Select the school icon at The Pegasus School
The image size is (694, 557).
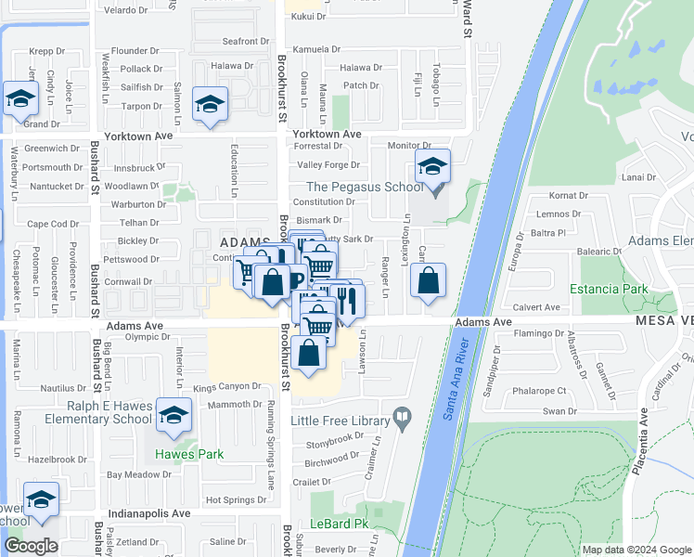tap(432, 168)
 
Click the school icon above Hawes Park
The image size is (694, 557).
tap(173, 417)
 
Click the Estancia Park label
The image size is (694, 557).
tap(610, 289)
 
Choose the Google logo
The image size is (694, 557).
tap(31, 546)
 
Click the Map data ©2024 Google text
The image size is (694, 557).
tap(636, 549)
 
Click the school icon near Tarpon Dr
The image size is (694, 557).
tap(211, 105)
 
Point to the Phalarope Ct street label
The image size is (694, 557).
tap(541, 391)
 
